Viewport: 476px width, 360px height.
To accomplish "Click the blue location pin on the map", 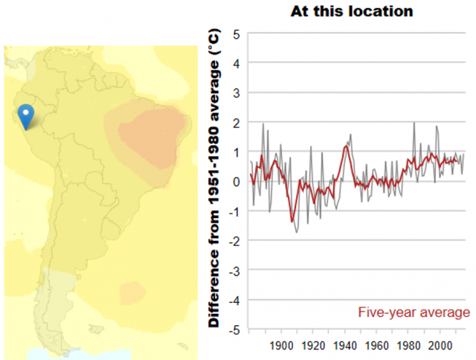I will pyautogui.click(x=26, y=115).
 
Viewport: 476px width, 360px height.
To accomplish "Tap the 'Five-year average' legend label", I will pyautogui.click(x=414, y=312).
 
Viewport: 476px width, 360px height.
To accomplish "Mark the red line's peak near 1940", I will pyautogui.click(x=346, y=146).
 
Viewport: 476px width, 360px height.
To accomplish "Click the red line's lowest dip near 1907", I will pyautogui.click(x=292, y=222).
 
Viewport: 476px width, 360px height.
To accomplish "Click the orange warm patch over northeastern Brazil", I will pyautogui.click(x=149, y=134).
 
